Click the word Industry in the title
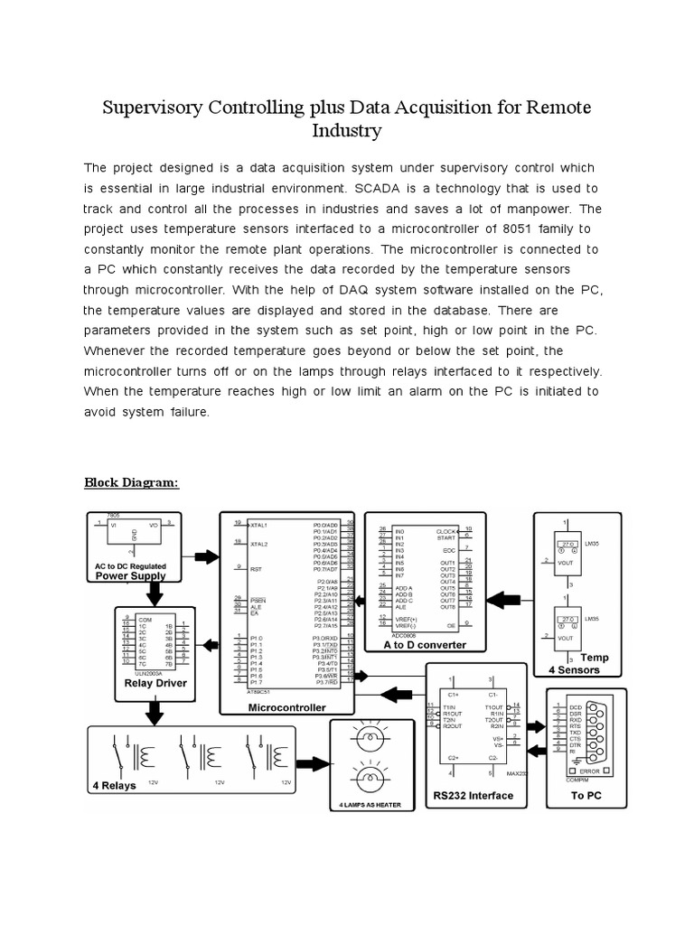(346, 132)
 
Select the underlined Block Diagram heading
(132, 482)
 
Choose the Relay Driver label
(155, 683)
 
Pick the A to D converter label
(425, 645)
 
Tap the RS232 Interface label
(473, 796)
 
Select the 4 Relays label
(114, 785)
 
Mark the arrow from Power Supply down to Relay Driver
(155, 592)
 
